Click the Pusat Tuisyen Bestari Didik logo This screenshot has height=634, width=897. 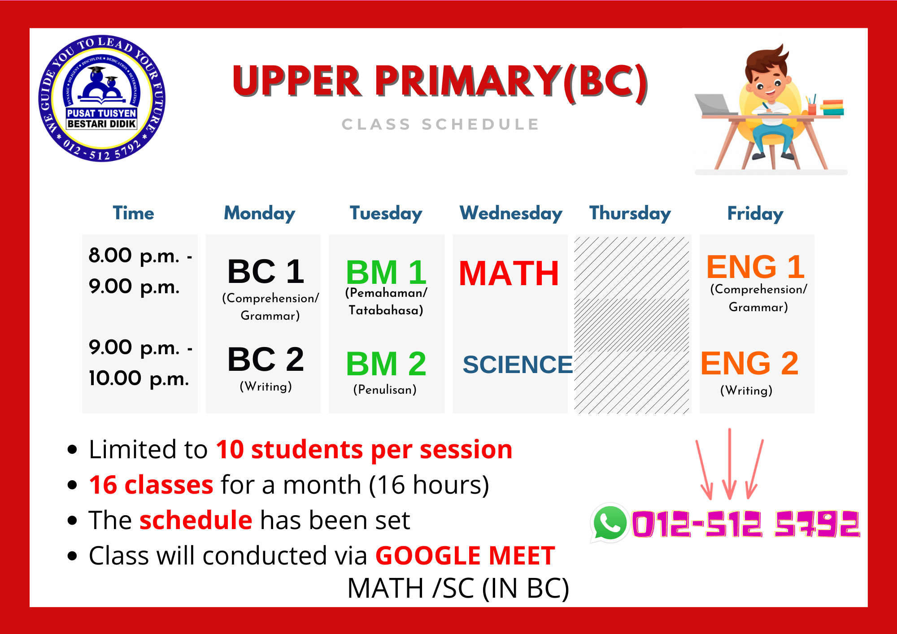pos(102,98)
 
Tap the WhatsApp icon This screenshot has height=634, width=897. pos(610,523)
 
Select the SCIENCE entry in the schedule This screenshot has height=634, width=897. pos(518,364)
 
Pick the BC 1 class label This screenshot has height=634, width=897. pos(266,271)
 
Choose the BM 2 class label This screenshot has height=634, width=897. pos(386,364)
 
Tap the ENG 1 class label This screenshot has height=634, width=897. pos(755,267)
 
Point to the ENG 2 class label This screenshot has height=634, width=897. pos(749,363)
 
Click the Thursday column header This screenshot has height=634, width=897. pos(630,213)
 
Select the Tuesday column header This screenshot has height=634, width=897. pos(386,213)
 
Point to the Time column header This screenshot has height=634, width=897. pos(133,213)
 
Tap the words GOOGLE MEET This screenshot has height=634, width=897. pos(465,556)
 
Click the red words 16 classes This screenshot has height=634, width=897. pos(151,485)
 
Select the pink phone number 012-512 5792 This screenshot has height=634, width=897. pos(745,523)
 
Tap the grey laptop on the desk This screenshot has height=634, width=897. pos(715,104)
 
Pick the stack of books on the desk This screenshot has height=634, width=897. pos(832,107)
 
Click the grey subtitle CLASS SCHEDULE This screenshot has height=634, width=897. pos(440,124)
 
